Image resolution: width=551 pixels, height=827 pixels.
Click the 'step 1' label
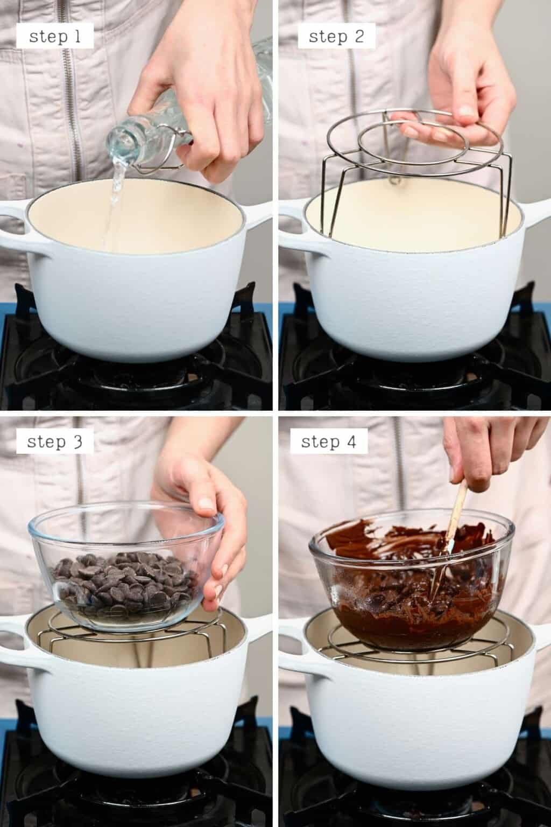pyautogui.click(x=55, y=37)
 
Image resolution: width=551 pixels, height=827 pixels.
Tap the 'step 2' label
pyautogui.click(x=336, y=37)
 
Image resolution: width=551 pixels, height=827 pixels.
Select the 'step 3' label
pyautogui.click(x=55, y=442)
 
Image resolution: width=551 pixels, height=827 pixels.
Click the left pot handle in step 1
pyautogui.click(x=13, y=223)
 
